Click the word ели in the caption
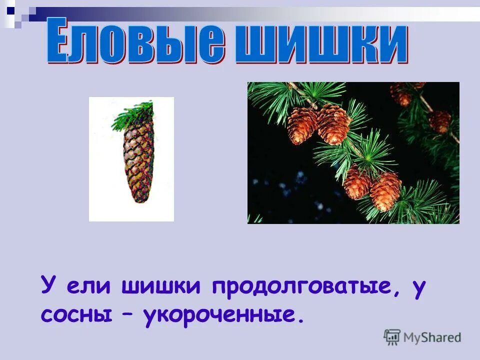pyautogui.click(x=91, y=287)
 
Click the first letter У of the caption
pyautogui.click(x=47, y=286)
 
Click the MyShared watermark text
pyautogui.click(x=432, y=337)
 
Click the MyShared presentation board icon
pyautogui.click(x=392, y=337)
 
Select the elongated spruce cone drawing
pyautogui.click(x=138, y=160)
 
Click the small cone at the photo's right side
pyautogui.click(x=439, y=121)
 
